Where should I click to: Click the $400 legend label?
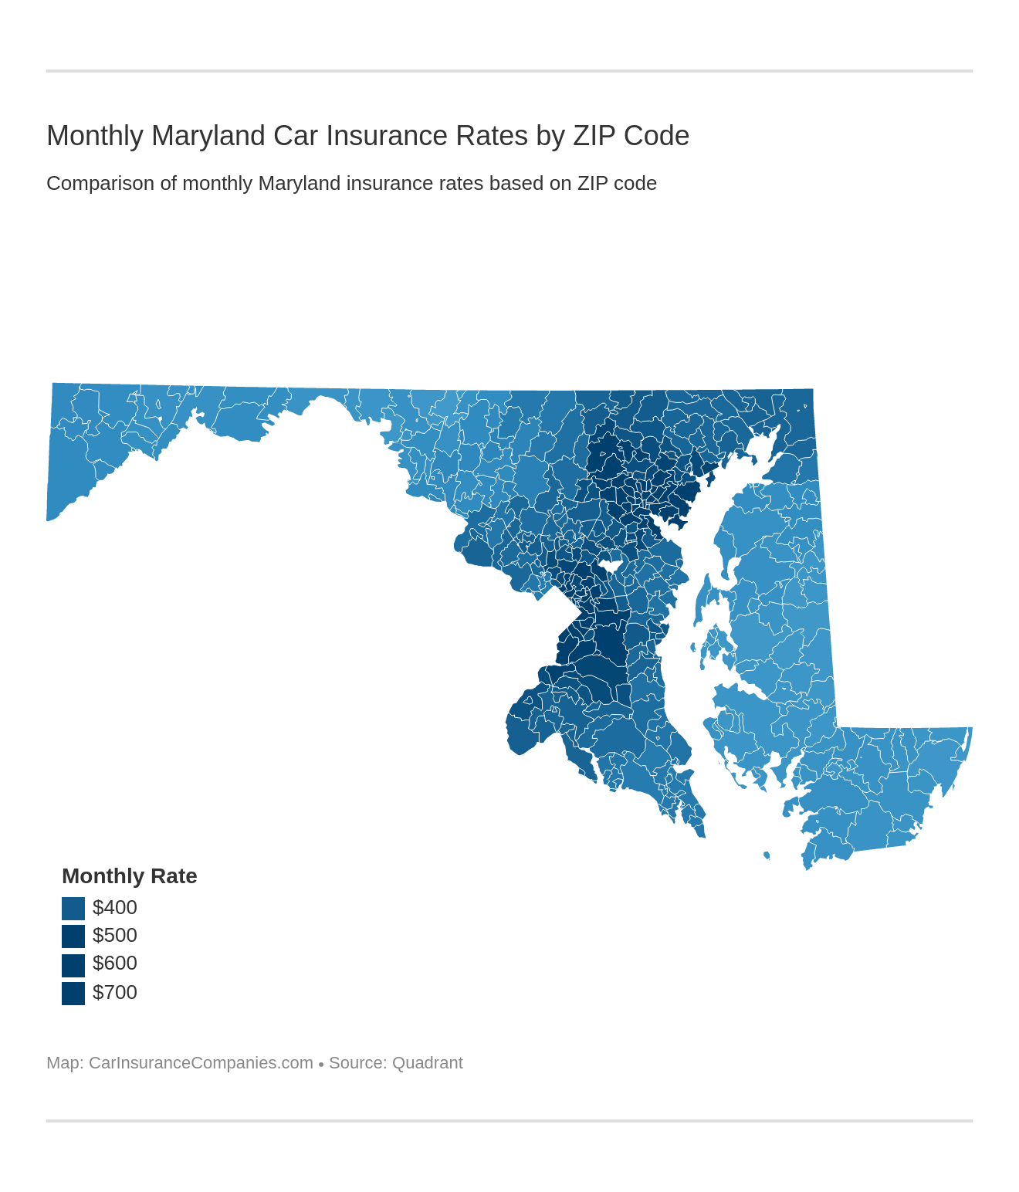coord(114,907)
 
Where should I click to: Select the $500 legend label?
coord(114,935)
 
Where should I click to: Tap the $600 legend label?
coord(114,963)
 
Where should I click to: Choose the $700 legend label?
coord(114,992)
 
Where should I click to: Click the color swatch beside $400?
coord(73,908)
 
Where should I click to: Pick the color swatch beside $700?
coord(73,993)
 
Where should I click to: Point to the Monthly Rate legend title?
coord(129,876)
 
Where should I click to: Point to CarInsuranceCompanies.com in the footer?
coord(201,1063)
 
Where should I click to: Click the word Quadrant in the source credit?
coord(427,1063)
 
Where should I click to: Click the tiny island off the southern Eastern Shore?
coord(767,855)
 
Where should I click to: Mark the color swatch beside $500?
coord(73,936)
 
